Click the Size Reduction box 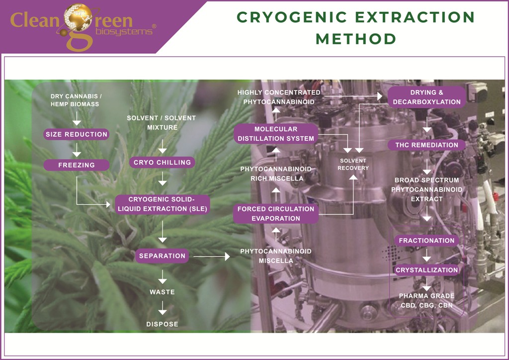(x=76, y=134)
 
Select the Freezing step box (x=76, y=165)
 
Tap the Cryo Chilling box (x=162, y=162)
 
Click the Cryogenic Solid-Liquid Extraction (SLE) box (x=162, y=204)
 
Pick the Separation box (x=162, y=256)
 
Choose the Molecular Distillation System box (x=276, y=134)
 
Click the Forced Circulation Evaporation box (x=276, y=214)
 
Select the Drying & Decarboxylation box (x=426, y=97)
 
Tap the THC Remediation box (x=426, y=145)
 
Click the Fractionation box (x=426, y=241)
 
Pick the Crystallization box (x=426, y=270)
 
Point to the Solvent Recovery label (x=353, y=165)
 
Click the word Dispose (x=162, y=324)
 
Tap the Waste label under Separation (x=162, y=292)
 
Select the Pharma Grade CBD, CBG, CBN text (x=426, y=301)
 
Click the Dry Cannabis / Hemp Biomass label (x=75, y=100)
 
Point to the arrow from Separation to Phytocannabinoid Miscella (x=211, y=257)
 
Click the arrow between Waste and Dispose (x=162, y=309)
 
